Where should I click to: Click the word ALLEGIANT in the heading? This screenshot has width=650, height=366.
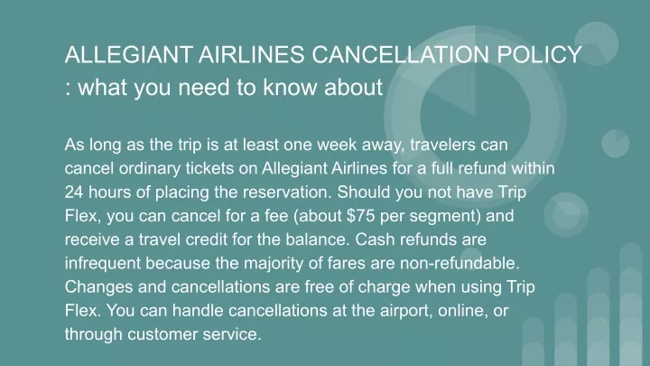[x=128, y=54]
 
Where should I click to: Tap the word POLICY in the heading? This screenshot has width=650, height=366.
[x=539, y=54]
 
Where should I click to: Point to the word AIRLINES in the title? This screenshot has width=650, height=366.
[x=252, y=54]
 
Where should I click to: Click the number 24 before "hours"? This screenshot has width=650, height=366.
[x=74, y=192]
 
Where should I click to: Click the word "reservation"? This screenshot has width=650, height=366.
[x=286, y=192]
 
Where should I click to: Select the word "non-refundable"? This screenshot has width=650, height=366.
[x=460, y=263]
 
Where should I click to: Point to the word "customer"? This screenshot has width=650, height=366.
[x=162, y=334]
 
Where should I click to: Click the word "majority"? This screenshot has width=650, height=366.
[x=274, y=264]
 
